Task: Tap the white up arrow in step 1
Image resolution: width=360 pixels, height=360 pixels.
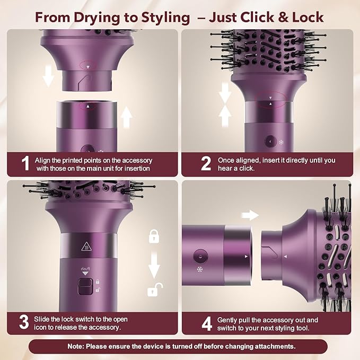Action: (127, 116)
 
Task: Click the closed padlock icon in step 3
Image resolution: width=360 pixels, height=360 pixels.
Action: (154, 235)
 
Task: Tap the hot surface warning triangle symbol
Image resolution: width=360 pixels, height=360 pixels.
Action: (84, 245)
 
